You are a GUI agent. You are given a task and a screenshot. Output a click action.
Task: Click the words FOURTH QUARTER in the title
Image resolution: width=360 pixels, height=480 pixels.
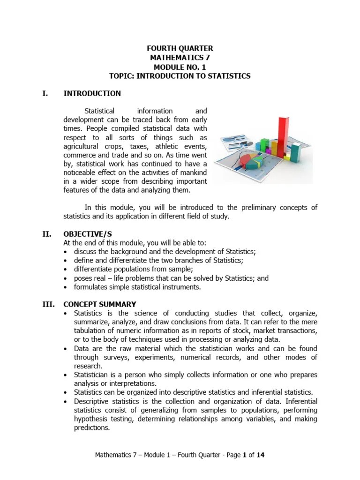[180, 49]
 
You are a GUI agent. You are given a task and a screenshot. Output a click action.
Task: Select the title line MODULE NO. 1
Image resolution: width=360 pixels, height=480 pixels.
[180, 67]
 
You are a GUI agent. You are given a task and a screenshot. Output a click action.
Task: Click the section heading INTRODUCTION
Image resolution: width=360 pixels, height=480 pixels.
[92, 93]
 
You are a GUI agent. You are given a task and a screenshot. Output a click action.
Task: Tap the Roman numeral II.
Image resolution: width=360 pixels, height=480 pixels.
[46, 234]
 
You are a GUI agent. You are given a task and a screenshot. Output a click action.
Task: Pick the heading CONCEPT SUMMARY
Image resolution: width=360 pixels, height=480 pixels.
[100, 304]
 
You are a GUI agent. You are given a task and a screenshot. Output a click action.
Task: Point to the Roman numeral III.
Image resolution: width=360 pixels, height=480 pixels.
[48, 304]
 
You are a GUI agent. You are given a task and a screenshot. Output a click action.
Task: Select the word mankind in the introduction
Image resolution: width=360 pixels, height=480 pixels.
[193, 172]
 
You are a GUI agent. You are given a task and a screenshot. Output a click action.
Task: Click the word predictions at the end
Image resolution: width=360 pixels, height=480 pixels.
[92, 427]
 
